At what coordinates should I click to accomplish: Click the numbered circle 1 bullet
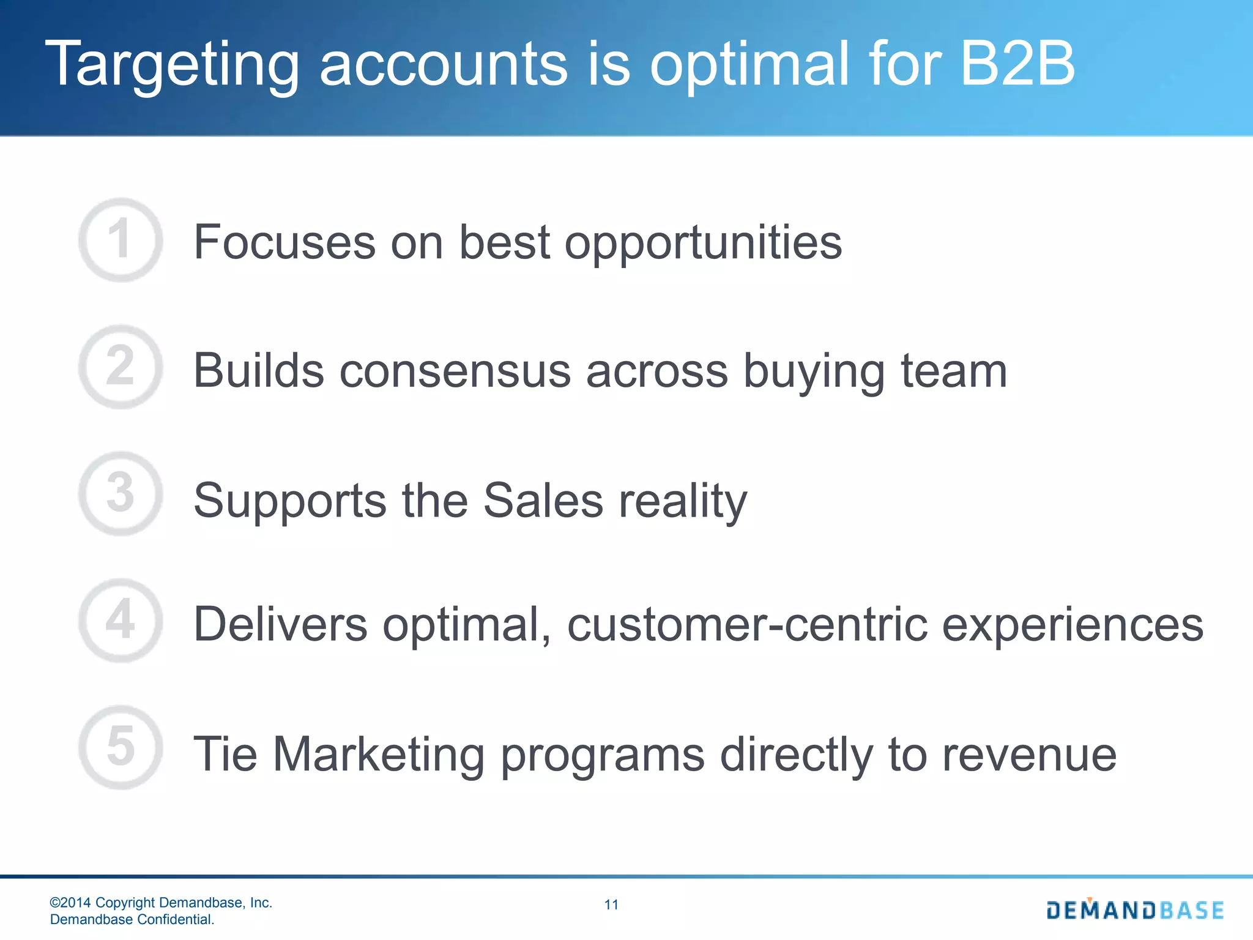(121, 239)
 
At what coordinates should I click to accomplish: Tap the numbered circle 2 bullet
(121, 367)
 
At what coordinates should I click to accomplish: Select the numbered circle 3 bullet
(121, 493)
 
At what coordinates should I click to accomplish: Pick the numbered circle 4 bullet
(121, 620)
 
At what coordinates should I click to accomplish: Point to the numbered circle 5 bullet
(121, 747)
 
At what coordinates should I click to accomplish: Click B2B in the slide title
(1017, 64)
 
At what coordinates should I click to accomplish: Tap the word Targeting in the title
(172, 65)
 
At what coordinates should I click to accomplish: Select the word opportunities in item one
(703, 244)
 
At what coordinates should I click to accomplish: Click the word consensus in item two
(455, 371)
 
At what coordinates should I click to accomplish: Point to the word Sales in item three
(543, 501)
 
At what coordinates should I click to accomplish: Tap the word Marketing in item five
(379, 755)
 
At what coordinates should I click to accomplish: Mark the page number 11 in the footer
(611, 905)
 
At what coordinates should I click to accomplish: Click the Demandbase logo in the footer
(1135, 910)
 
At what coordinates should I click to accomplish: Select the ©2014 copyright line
(161, 903)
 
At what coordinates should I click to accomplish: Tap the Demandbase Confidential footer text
(132, 919)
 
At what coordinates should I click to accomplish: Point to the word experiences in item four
(1073, 625)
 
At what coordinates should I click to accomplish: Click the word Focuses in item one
(284, 242)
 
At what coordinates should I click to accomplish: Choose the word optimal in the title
(749, 65)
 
